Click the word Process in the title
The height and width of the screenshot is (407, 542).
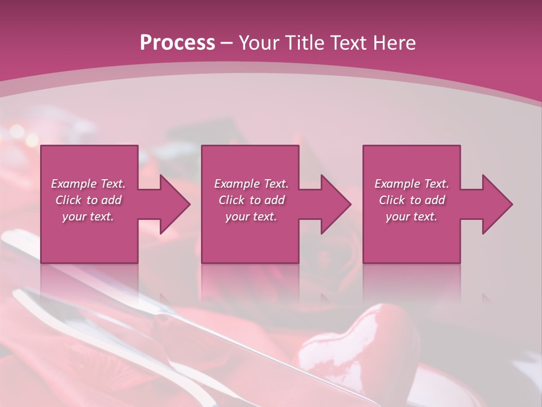(177, 43)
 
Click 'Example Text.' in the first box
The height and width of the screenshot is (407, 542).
(88, 184)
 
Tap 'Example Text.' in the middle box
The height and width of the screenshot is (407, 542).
(251, 184)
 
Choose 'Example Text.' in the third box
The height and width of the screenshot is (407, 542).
(412, 184)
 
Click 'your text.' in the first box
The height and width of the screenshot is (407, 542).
(88, 217)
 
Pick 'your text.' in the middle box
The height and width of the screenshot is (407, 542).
(251, 217)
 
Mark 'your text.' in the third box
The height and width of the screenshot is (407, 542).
(412, 217)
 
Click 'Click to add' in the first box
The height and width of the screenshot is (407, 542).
(88, 200)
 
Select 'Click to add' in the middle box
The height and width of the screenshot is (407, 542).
(251, 200)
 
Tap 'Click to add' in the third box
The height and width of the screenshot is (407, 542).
(412, 200)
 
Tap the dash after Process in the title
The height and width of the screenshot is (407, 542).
(227, 43)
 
